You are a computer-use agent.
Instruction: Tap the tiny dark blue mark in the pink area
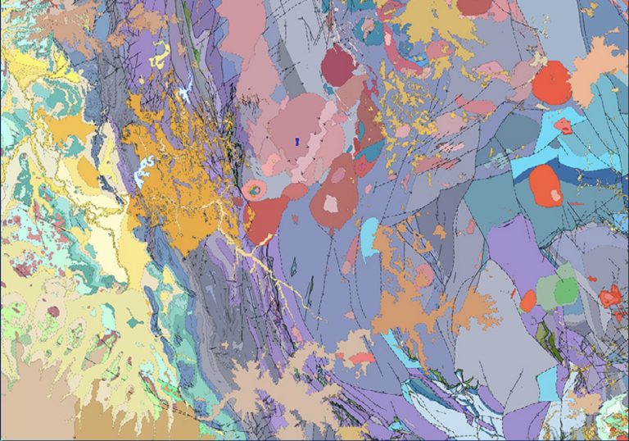click(x=297, y=140)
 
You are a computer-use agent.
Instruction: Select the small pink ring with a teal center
click(x=253, y=190)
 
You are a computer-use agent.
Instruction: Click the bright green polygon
click(x=565, y=290)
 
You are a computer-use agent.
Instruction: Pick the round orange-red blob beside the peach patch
click(x=553, y=84)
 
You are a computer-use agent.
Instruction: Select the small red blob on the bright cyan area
click(x=563, y=126)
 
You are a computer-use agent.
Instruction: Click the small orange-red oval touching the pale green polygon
click(x=527, y=300)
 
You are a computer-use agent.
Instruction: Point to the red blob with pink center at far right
click(x=609, y=296)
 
